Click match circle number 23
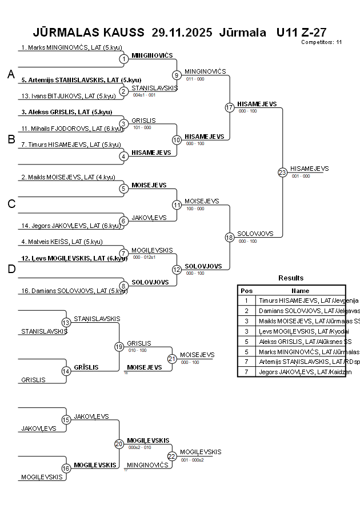click(x=282, y=172)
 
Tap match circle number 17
click(x=229, y=107)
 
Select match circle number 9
click(x=177, y=75)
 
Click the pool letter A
click(x=10, y=74)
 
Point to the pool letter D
click(x=10, y=270)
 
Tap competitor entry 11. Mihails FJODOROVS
click(x=70, y=129)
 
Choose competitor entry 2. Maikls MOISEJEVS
click(x=66, y=177)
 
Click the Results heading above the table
click(x=291, y=278)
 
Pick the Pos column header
click(x=246, y=291)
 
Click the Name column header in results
click(x=300, y=291)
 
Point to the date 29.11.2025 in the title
click(x=182, y=32)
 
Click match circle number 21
click(x=172, y=358)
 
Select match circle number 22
click(x=172, y=456)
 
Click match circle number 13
click(x=66, y=323)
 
